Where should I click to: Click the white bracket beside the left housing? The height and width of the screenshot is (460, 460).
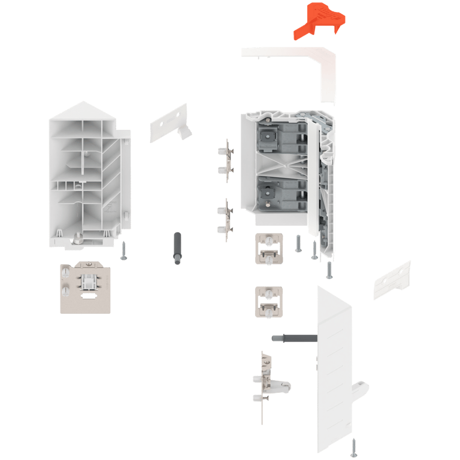(x=168, y=123)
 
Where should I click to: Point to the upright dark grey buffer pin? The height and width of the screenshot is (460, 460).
(x=177, y=250)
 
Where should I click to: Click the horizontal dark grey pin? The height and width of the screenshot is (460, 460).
(x=293, y=338)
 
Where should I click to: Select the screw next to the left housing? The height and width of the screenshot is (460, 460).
(x=124, y=250)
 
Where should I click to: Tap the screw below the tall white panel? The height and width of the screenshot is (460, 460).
(x=353, y=447)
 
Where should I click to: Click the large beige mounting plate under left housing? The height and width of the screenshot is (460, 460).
(x=85, y=287)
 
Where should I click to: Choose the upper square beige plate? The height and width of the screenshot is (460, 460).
(x=268, y=247)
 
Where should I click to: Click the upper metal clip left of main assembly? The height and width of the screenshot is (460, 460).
(x=226, y=161)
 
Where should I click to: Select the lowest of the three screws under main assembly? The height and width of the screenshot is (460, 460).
(x=329, y=270)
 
